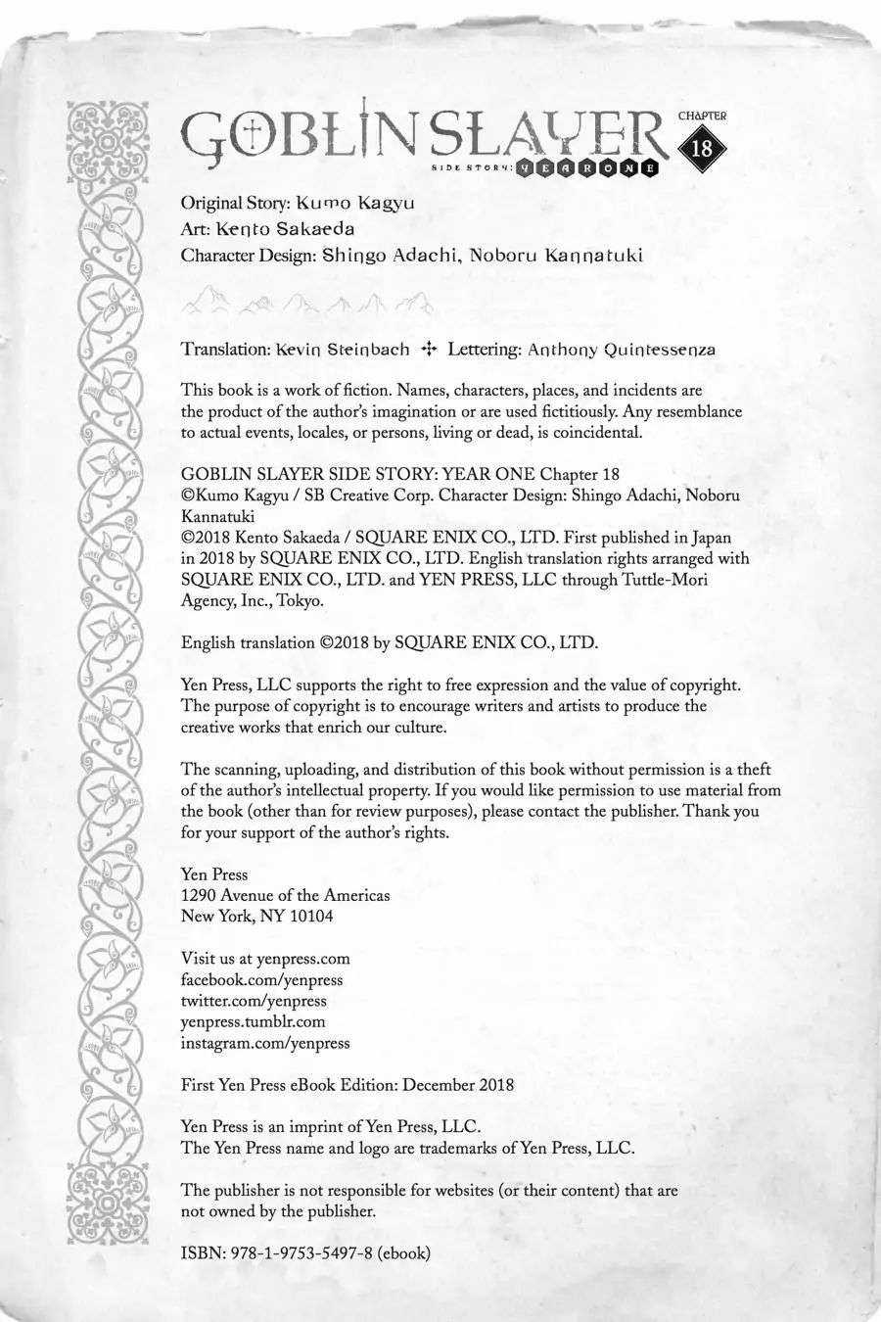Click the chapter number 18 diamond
[x=702, y=149]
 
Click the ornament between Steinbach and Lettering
[x=428, y=349]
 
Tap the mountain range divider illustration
[x=307, y=300]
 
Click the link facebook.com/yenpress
[x=262, y=980]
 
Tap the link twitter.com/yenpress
[x=255, y=1001]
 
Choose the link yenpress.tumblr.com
[x=254, y=1021]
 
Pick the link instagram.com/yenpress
[x=265, y=1043]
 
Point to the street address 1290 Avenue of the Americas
[x=286, y=895]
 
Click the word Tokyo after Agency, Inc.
[x=301, y=600]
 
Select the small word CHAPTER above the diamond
[x=702, y=116]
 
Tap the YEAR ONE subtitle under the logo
[x=587, y=167]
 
